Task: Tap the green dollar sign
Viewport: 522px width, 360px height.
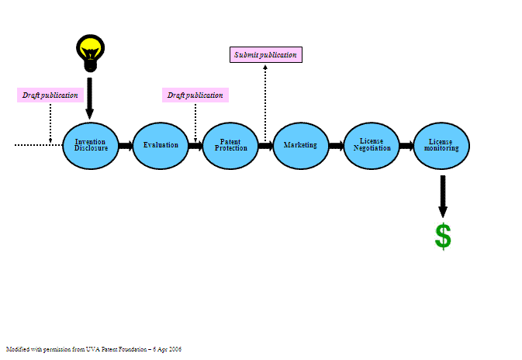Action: [x=443, y=236]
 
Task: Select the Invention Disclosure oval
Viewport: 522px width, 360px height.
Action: [x=91, y=145]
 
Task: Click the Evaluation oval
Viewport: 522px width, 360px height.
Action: [x=161, y=145]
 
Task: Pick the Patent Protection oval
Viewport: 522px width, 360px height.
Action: [x=230, y=145]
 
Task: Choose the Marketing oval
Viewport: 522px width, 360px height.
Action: [x=300, y=145]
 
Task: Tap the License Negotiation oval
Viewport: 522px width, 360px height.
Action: [x=372, y=145]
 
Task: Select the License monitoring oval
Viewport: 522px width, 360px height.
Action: [x=441, y=145]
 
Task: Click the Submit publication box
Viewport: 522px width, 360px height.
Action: [x=265, y=54]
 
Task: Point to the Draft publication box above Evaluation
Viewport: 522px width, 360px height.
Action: [x=195, y=95]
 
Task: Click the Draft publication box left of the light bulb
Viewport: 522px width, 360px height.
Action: [x=50, y=95]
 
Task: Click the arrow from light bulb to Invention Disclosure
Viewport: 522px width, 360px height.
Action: [x=90, y=98]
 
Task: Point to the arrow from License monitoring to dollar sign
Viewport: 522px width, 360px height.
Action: [x=443, y=196]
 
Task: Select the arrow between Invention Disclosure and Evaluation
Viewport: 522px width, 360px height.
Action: [x=126, y=145]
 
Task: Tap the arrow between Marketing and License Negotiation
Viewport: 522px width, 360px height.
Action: [x=336, y=145]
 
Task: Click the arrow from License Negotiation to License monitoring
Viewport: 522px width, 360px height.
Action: [x=406, y=145]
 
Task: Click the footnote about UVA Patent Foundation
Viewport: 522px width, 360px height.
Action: [x=93, y=349]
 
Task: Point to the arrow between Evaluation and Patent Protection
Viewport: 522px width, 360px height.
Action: [x=195, y=145]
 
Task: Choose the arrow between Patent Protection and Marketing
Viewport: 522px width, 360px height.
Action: [x=265, y=145]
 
